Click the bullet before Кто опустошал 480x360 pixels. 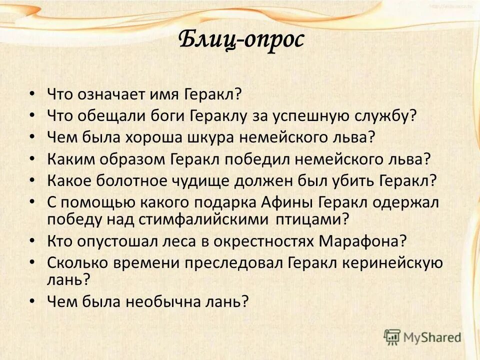(32, 240)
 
